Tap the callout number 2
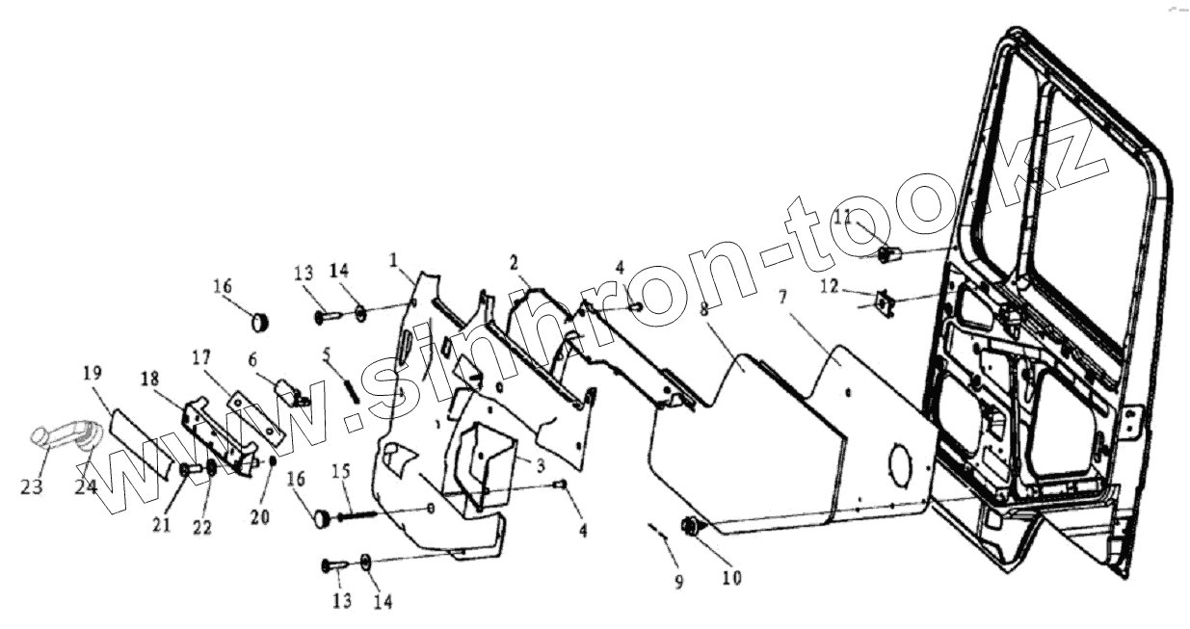515,261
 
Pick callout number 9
678,582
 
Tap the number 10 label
731,578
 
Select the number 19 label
92,373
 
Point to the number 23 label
32,487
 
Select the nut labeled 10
691,526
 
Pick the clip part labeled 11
888,255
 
